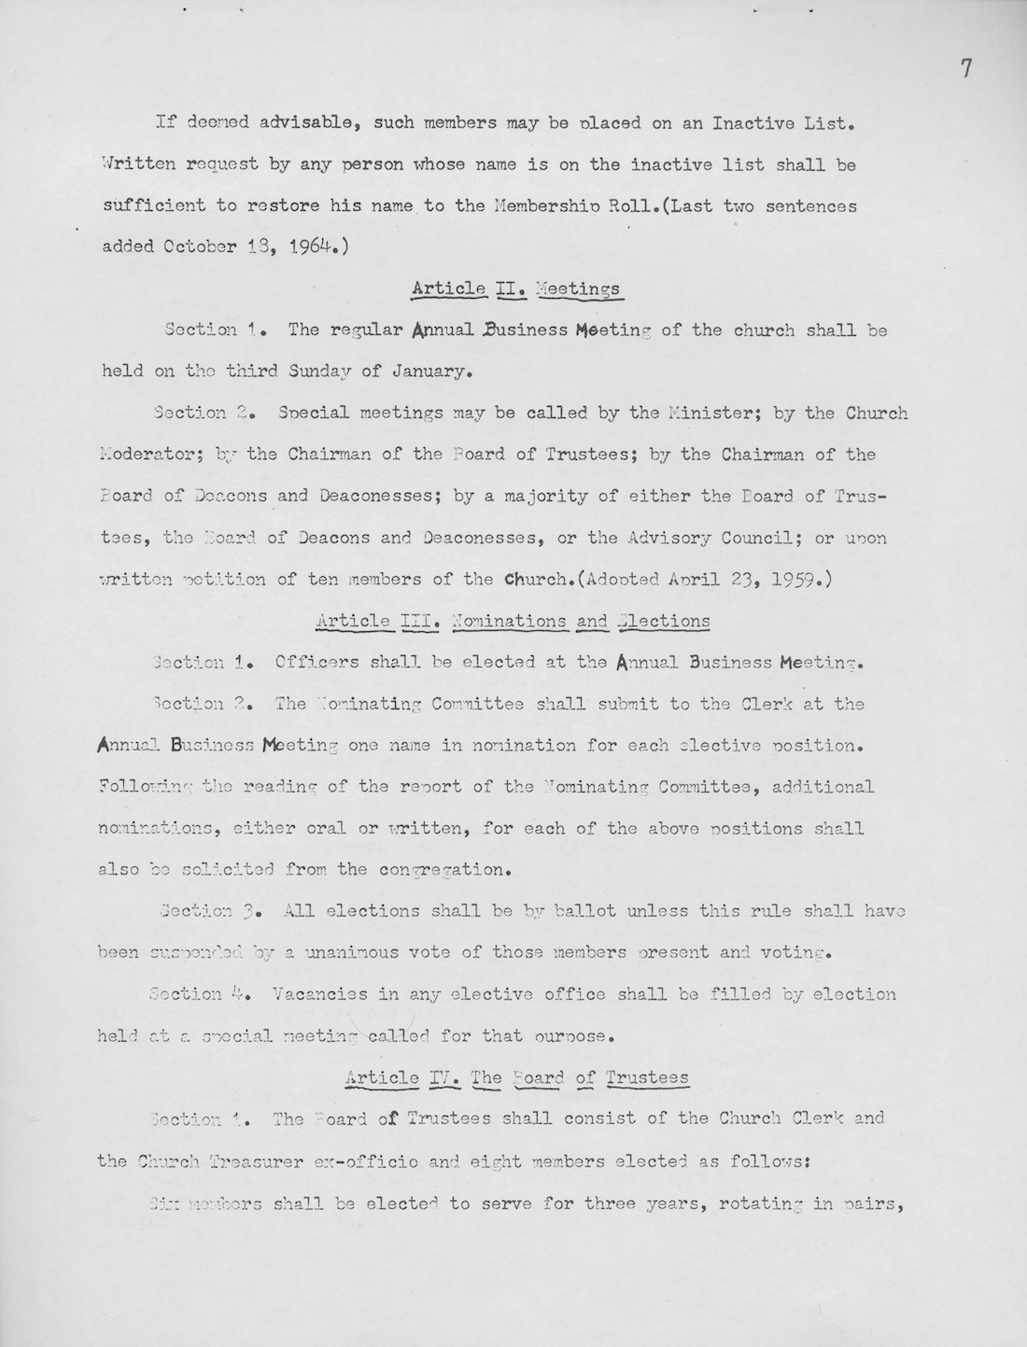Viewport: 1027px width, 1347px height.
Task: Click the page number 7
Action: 966,69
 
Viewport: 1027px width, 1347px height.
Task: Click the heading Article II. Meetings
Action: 516,288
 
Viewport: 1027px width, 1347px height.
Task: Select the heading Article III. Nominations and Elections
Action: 513,621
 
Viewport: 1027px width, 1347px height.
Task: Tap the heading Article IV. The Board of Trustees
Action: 516,1077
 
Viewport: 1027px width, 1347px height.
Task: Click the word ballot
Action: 584,911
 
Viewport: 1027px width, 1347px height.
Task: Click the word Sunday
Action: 311,371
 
